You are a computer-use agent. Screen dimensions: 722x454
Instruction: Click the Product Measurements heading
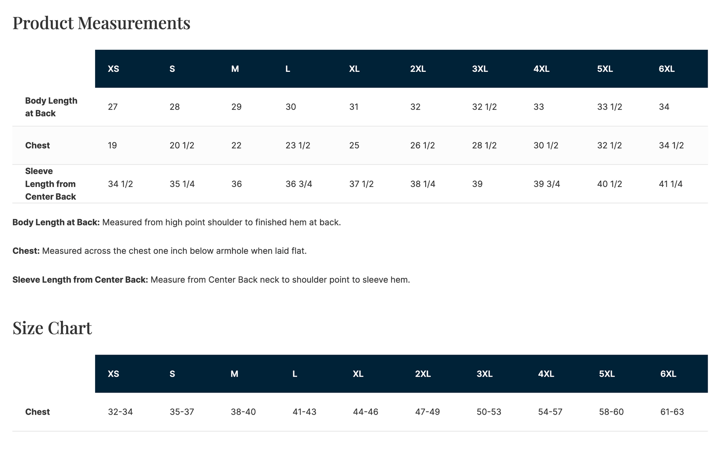click(101, 23)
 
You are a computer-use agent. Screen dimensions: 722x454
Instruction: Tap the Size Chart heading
click(52, 328)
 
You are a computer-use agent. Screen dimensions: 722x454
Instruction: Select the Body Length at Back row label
click(51, 107)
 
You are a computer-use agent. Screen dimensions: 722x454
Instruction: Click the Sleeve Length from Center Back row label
click(51, 184)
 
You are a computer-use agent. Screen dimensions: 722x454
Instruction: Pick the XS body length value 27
click(113, 107)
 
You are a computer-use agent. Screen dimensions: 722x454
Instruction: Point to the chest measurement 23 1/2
click(298, 145)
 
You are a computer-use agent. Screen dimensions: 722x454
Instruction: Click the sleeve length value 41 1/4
click(671, 184)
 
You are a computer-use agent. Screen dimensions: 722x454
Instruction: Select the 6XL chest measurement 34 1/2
click(671, 145)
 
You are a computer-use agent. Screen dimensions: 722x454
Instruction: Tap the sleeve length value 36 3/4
click(299, 184)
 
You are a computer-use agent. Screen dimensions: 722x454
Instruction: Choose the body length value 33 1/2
click(610, 107)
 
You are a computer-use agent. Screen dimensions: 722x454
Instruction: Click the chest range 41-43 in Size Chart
click(304, 412)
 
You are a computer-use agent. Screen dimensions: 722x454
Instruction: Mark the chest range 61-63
click(672, 412)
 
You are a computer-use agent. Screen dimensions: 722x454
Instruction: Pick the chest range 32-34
click(120, 412)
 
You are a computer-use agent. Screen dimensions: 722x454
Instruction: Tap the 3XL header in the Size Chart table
click(485, 374)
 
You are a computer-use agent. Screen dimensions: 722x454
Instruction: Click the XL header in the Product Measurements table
click(354, 69)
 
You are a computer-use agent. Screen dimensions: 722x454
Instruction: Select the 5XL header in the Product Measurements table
click(605, 69)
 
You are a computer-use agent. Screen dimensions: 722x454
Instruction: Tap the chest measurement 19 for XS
click(112, 145)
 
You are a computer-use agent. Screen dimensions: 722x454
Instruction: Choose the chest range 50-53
click(489, 412)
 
